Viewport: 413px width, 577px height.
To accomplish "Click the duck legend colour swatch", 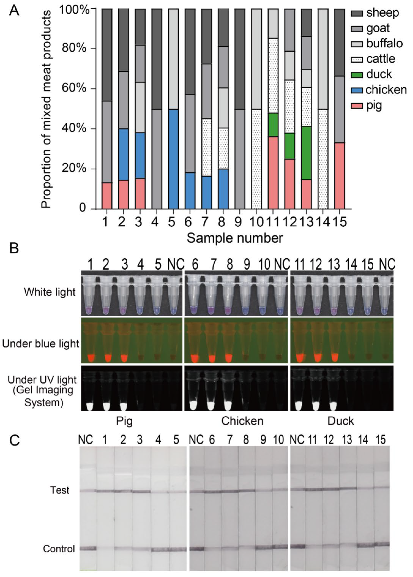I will tap(357, 75).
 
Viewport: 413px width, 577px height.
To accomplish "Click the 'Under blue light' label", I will tap(41, 344).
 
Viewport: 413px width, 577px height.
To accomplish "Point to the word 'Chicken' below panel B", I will tap(242, 421).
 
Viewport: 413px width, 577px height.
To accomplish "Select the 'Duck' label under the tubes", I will tap(340, 421).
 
